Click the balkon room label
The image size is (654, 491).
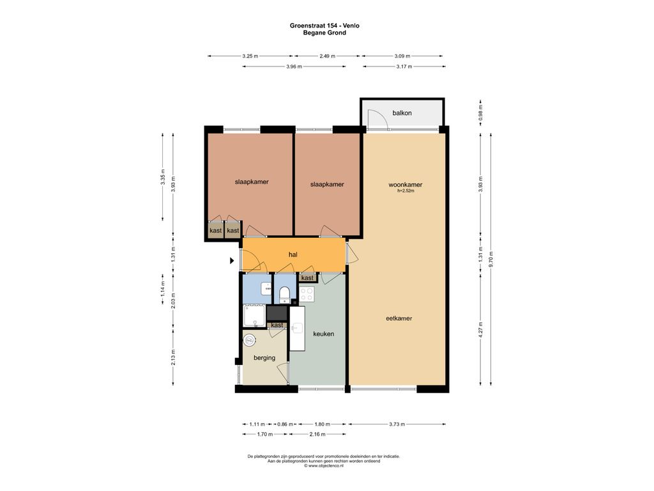point(402,113)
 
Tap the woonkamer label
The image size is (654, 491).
point(405,185)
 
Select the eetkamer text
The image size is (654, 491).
point(399,318)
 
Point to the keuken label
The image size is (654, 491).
point(323,334)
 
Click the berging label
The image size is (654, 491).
point(264,358)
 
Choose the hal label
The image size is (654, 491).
point(293,254)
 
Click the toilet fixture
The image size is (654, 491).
point(284,294)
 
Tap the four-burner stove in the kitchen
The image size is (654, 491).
point(307,294)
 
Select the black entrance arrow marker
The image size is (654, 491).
point(232,261)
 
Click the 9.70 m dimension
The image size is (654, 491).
point(491,260)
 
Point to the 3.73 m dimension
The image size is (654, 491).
point(397,425)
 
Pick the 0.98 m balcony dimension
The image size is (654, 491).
point(481,113)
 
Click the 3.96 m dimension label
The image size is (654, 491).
point(294,66)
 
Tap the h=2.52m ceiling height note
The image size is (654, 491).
point(406,191)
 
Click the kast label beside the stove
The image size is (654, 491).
point(307,278)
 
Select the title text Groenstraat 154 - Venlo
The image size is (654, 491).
point(324,26)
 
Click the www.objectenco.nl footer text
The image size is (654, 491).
point(324,465)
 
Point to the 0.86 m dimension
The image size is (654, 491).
point(285,425)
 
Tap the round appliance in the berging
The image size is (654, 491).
point(249,340)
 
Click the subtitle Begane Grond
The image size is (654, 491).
point(324,33)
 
